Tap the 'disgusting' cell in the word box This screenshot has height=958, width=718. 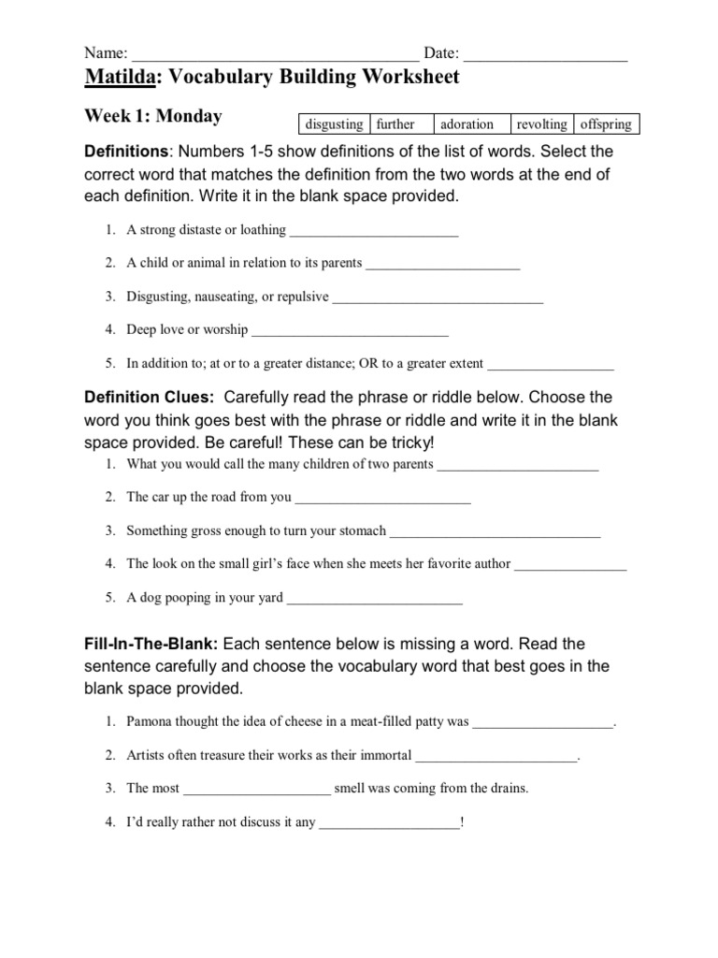334,124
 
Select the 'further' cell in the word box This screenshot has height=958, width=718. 402,124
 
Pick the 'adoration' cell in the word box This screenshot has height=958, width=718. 472,124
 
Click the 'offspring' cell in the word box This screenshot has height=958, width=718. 607,124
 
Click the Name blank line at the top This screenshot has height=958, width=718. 276,54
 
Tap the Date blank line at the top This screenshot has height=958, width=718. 544,54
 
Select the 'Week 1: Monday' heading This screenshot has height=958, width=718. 153,117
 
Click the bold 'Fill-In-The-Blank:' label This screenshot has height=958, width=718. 151,645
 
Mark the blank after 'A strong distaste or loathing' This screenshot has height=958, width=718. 374,231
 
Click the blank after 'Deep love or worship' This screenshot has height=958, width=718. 351,330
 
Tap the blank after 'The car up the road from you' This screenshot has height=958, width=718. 382,498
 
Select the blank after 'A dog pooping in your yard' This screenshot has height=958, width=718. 374,599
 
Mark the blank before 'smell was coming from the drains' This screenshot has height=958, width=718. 257,789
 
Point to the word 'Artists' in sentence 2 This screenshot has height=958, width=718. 147,755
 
